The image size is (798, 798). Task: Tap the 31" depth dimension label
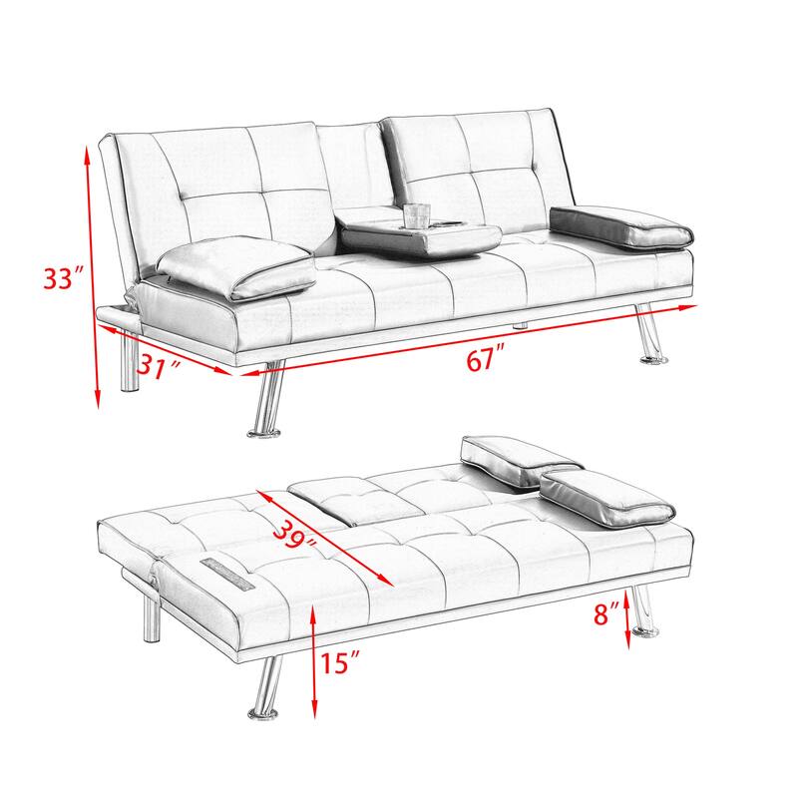(x=161, y=368)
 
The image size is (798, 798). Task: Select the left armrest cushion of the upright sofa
(x=235, y=269)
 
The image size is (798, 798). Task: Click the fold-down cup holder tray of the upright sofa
(x=419, y=235)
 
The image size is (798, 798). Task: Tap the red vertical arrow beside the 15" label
(x=315, y=657)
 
